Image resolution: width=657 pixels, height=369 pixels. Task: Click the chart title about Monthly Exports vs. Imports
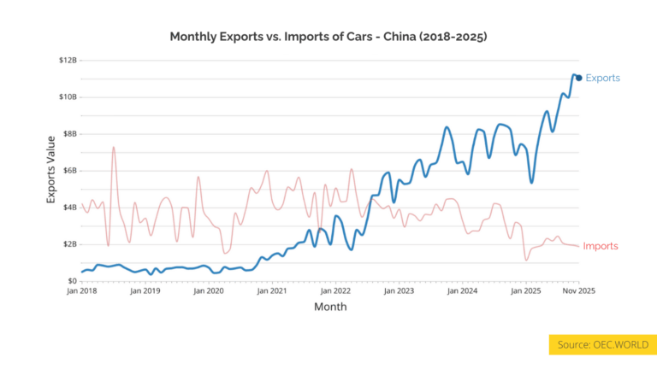(x=328, y=37)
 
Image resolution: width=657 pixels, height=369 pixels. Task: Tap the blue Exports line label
(x=602, y=78)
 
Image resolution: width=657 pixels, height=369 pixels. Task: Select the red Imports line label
(x=600, y=246)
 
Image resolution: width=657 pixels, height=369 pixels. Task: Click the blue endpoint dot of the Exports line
(x=579, y=78)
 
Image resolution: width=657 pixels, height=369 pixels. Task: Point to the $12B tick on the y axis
(x=68, y=60)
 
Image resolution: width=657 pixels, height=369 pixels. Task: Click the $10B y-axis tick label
(x=68, y=97)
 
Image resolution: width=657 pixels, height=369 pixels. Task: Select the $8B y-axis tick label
(x=69, y=133)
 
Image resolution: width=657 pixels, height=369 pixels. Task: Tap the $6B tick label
(x=69, y=170)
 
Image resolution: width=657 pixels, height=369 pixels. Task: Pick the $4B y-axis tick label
(x=69, y=207)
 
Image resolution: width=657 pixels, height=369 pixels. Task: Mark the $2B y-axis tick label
(x=69, y=243)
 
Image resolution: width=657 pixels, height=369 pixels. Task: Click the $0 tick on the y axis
(x=72, y=280)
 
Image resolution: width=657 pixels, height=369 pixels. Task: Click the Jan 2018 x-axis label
(x=82, y=291)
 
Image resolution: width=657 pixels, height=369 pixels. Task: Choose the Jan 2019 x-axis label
(x=145, y=291)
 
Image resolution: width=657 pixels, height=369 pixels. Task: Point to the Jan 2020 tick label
(x=209, y=291)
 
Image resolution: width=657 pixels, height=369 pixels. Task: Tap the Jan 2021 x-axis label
(x=272, y=291)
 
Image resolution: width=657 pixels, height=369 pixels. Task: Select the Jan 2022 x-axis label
(x=335, y=291)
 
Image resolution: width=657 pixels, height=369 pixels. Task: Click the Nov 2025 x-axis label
(x=578, y=291)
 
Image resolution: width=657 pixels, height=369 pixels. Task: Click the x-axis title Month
(x=330, y=307)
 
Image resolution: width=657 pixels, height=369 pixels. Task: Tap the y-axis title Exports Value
(x=50, y=168)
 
